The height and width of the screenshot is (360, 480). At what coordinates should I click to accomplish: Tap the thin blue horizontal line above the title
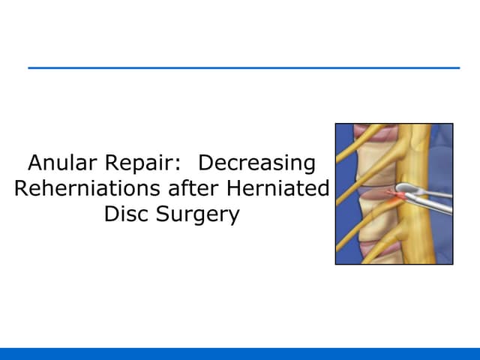tap(244, 68)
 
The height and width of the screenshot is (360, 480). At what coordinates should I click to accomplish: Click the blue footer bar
tap(240, 353)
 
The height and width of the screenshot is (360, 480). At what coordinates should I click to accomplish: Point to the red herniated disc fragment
tap(394, 195)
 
